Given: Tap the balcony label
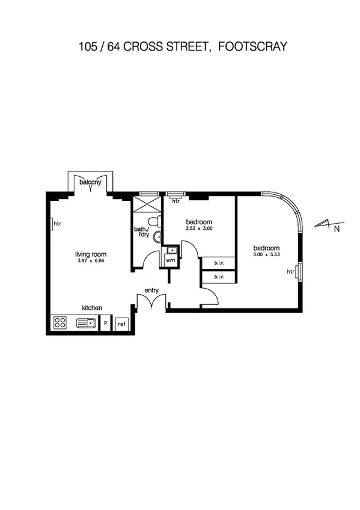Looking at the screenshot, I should (90, 181).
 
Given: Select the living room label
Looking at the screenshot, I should (90, 254).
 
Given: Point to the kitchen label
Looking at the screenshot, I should (92, 307).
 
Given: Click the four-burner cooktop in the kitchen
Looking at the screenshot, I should (60, 323).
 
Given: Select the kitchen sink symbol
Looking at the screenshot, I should (87, 324).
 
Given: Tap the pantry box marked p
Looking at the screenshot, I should (106, 324).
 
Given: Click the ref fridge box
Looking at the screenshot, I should (121, 324).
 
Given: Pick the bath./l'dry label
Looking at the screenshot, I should (142, 232).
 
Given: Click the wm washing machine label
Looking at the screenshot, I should (170, 260).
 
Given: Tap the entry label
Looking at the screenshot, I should (151, 290).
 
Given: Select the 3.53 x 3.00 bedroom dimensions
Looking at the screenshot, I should (199, 229).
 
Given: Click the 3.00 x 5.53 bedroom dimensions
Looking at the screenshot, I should (266, 256).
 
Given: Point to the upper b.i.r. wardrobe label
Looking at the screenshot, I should (219, 263).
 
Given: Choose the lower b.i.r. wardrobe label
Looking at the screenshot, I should (219, 277).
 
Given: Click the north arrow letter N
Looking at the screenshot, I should (337, 229).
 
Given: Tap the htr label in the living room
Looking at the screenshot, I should (58, 224).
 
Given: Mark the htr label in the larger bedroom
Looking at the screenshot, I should (291, 272).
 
